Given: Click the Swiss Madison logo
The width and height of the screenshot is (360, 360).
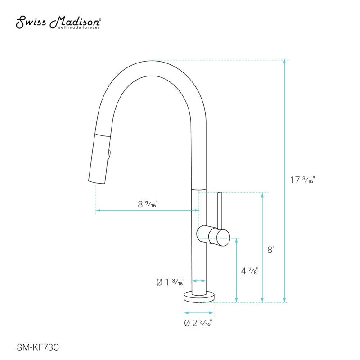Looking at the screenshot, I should pos(59,21).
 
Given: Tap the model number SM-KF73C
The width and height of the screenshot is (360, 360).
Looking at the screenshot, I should pos(38,347).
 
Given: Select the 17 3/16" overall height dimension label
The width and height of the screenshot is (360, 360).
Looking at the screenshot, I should pos(302,180).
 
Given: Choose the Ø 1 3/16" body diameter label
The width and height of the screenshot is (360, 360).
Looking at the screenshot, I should pos(170,283).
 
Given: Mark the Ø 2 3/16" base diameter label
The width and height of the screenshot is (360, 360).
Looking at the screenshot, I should pos(198,323).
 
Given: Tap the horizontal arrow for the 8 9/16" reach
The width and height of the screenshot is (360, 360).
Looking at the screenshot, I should pos(147,210).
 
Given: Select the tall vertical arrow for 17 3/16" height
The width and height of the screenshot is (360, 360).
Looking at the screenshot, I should pos(284,180).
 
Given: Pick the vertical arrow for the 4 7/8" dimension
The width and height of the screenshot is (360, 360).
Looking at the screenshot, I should pos(236,270).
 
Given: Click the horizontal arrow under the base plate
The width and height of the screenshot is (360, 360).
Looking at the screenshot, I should pos(198,312).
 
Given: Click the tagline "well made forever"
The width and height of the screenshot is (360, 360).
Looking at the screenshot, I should pos(78,27).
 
